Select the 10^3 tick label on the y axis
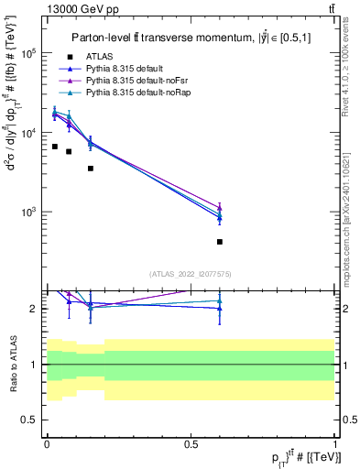tap(28, 212)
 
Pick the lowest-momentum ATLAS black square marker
tap(54, 147)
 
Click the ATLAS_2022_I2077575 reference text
tap(191, 273)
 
